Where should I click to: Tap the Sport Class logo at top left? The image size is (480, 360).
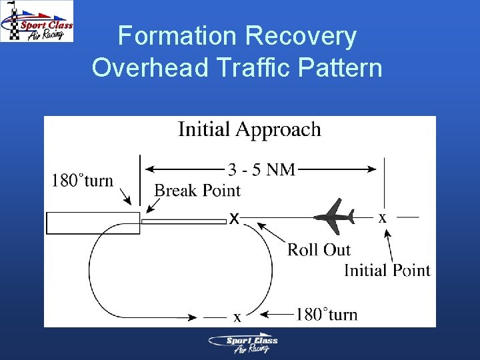click(x=37, y=21)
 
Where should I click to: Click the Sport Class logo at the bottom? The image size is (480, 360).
click(x=243, y=344)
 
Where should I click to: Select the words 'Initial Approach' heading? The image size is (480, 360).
click(x=249, y=129)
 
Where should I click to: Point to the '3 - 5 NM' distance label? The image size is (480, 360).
click(x=262, y=170)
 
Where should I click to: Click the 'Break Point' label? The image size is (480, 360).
click(x=197, y=191)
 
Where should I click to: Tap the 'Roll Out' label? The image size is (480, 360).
click(x=319, y=250)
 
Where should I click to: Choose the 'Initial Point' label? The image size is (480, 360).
click(x=387, y=270)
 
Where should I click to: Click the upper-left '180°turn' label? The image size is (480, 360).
click(x=83, y=181)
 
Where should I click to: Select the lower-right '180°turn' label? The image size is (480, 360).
click(x=327, y=314)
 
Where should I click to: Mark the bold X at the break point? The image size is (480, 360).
click(x=235, y=219)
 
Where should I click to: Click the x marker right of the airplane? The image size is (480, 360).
click(x=382, y=218)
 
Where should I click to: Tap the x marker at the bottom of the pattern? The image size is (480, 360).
click(x=237, y=318)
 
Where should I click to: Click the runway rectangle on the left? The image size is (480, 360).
click(x=92, y=223)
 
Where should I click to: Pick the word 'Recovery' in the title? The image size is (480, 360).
click(x=301, y=36)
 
